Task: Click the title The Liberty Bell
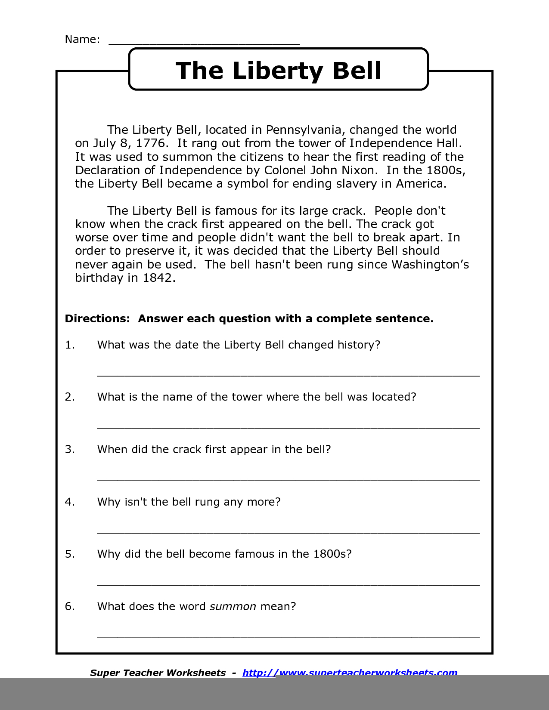279,71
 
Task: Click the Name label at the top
82,40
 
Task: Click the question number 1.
70,345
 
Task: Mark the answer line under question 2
288,427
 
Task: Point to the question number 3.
70,450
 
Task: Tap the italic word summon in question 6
233,607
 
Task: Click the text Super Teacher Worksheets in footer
158,673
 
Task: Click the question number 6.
70,607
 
